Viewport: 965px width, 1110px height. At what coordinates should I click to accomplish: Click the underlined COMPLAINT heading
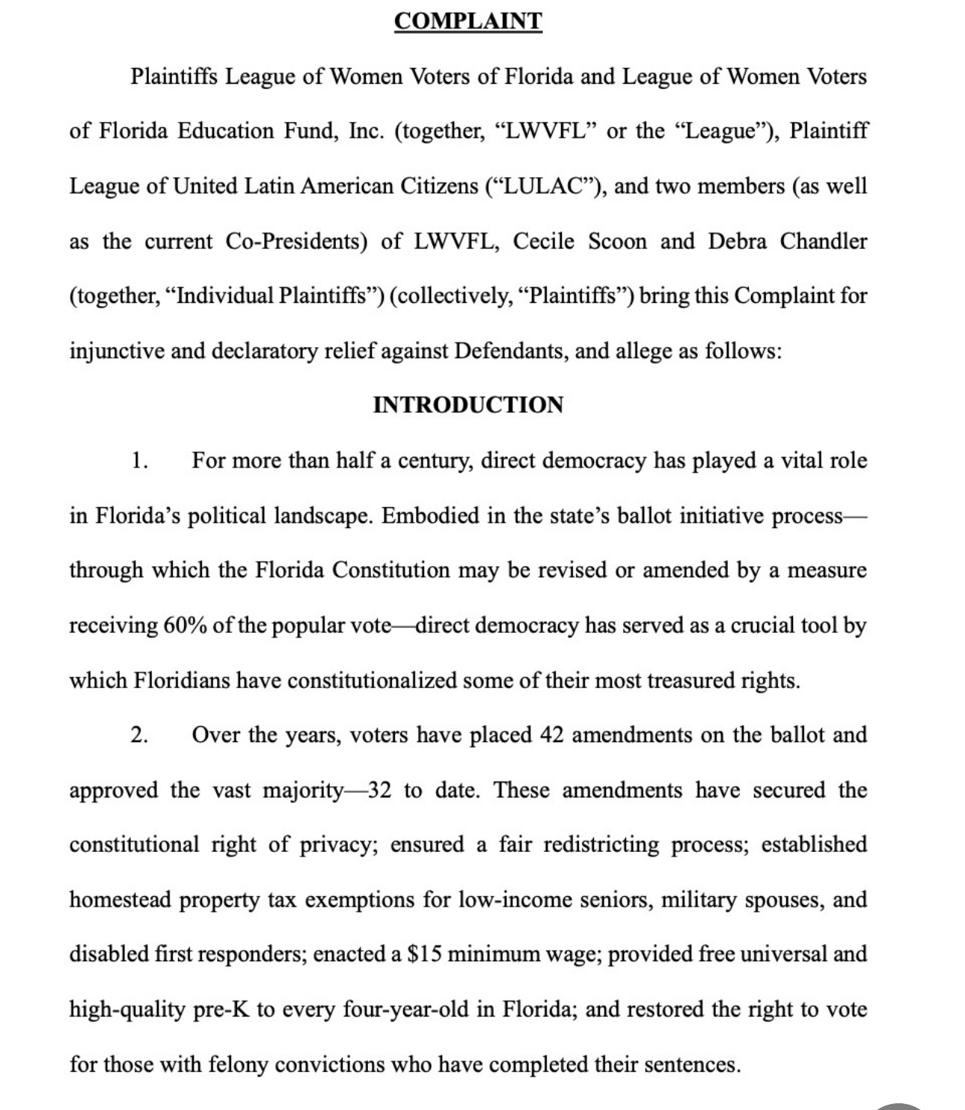pos(468,21)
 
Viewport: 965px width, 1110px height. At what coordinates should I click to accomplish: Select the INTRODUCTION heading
pos(468,405)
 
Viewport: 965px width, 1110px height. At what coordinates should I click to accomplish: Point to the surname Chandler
pos(823,242)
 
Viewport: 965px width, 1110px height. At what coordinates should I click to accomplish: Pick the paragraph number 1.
pos(138,461)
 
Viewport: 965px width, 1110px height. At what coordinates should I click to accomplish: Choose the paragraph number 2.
pos(138,736)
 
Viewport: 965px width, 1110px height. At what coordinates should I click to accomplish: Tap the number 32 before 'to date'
pos(380,791)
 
